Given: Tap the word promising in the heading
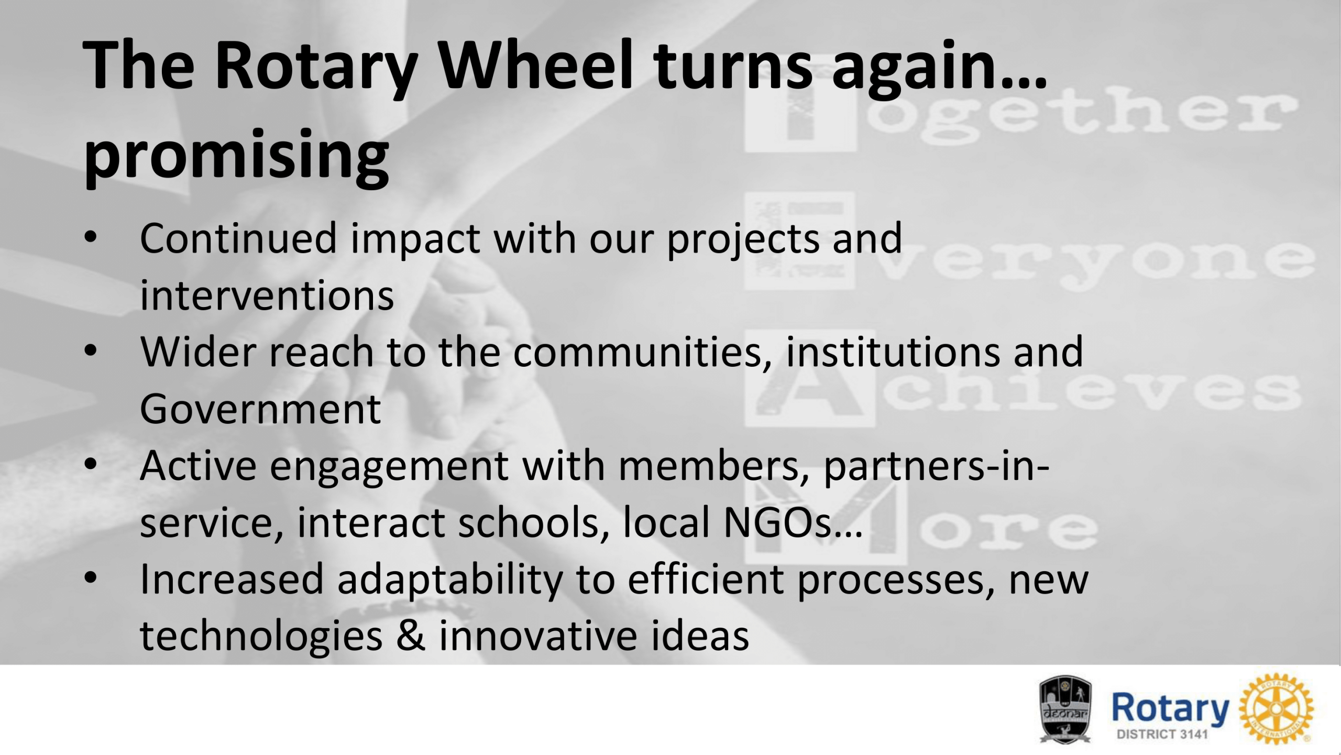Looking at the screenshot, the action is [236, 156].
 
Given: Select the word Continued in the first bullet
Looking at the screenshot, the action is [238, 238].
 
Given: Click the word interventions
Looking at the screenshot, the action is [267, 296].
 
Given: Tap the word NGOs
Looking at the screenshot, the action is [777, 522].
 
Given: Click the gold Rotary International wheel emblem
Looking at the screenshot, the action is [1277, 709].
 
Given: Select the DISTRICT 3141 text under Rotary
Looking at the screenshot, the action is [1162, 734].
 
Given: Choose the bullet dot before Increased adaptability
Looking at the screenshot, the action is [91, 577].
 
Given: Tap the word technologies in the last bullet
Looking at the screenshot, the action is [261, 637].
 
